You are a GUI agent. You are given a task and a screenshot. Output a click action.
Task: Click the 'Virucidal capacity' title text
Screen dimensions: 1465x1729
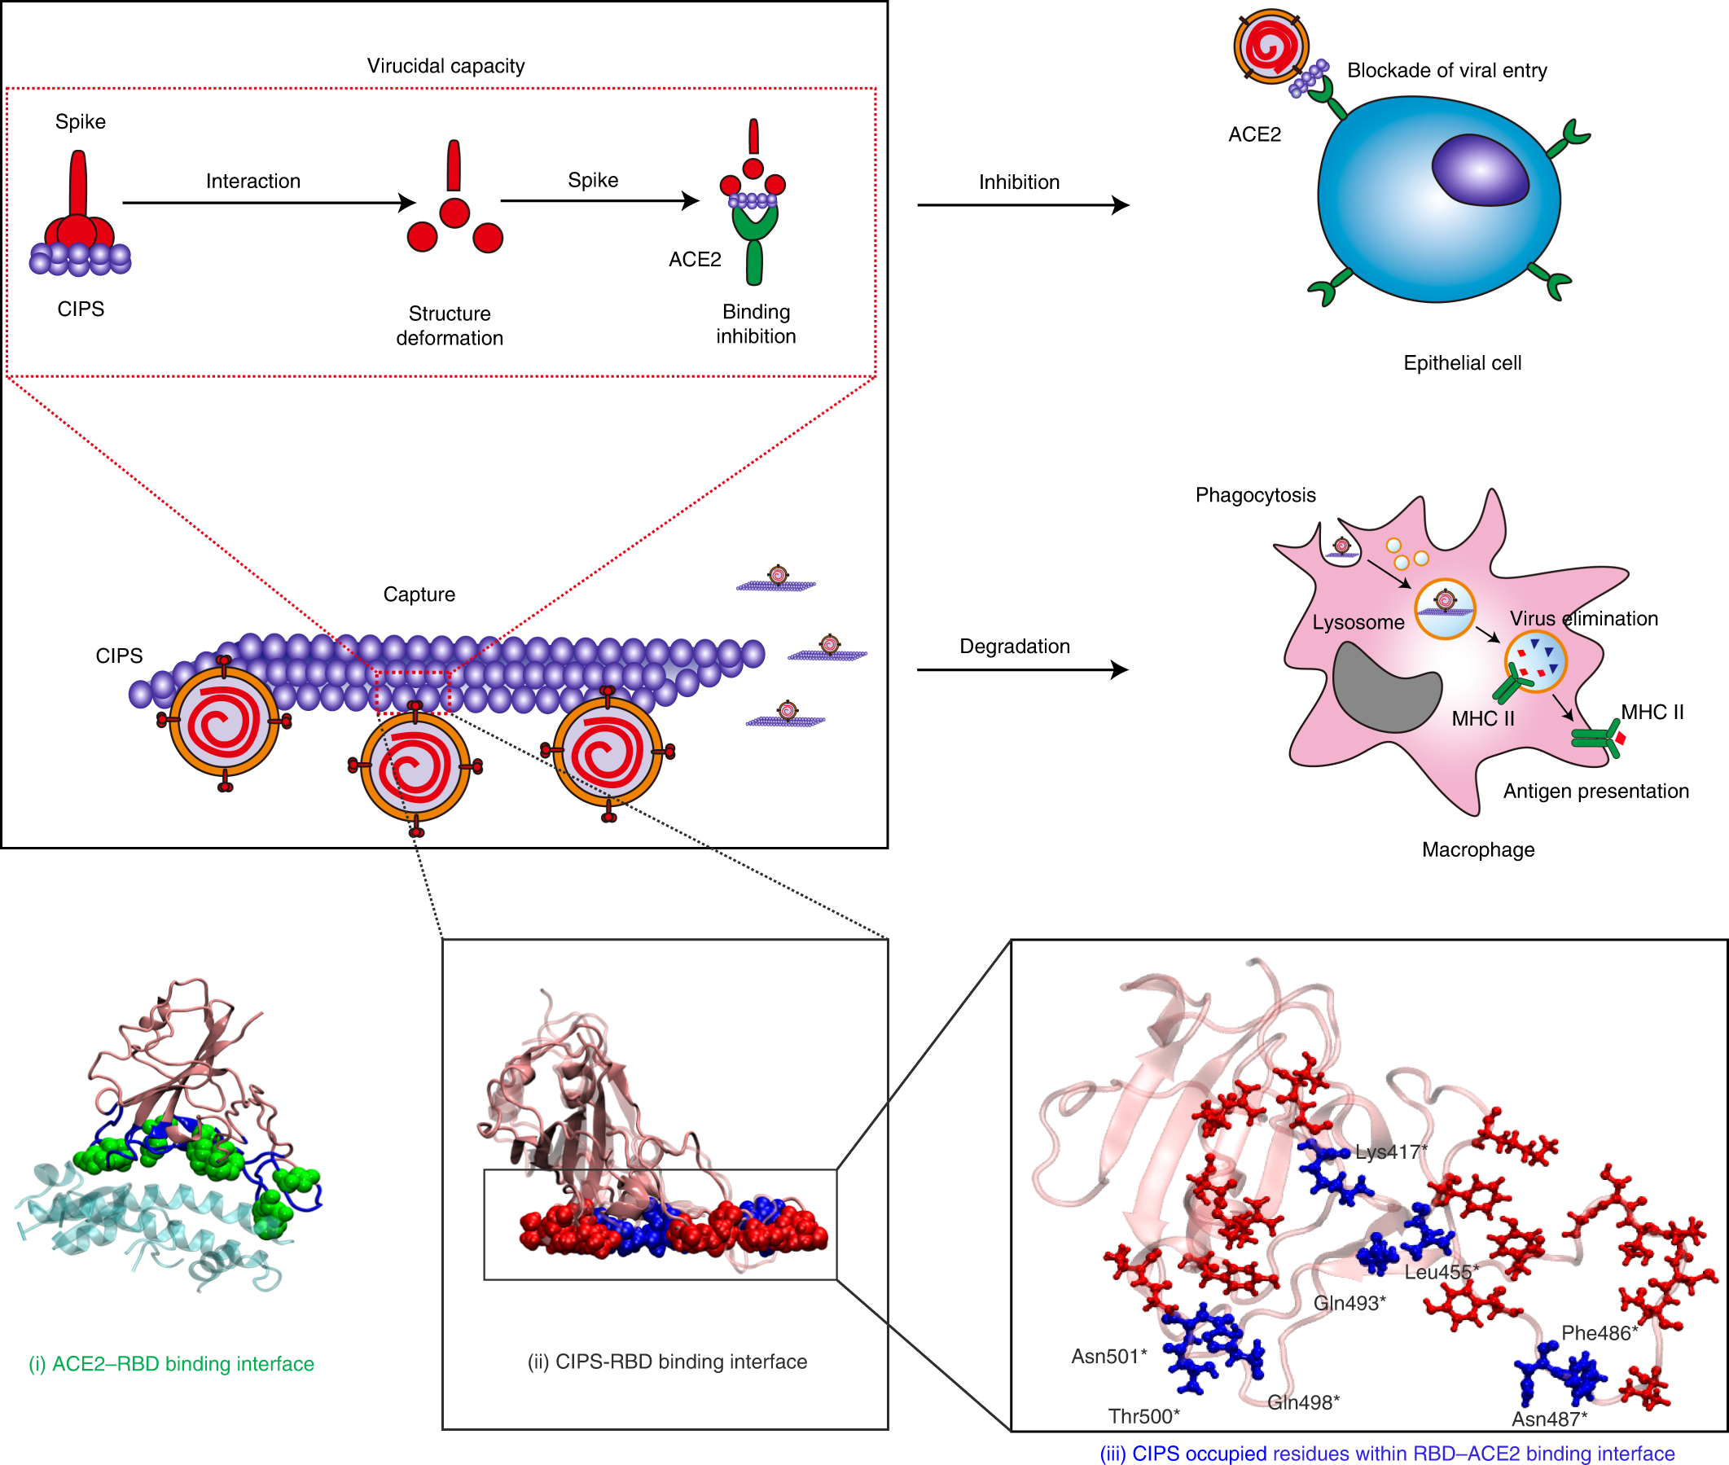(x=445, y=66)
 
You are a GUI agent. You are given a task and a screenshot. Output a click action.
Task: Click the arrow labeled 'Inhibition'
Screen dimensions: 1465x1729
(x=1022, y=204)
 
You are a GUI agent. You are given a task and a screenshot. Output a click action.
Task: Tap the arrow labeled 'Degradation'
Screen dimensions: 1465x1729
(x=1021, y=669)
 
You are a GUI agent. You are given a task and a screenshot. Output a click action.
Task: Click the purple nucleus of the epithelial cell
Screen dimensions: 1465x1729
(x=1479, y=169)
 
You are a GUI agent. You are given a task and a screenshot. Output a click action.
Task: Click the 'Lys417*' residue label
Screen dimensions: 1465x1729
(x=1390, y=1152)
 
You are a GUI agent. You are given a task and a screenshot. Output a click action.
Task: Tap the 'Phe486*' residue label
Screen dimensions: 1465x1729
(x=1599, y=1333)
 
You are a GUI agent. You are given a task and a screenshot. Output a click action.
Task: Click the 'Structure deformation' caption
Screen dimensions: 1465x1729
(x=450, y=326)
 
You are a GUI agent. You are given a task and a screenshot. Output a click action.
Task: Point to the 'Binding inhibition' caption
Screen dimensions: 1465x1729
(x=756, y=324)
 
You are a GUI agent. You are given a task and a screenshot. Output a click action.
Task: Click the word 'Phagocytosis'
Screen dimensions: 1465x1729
(x=1255, y=495)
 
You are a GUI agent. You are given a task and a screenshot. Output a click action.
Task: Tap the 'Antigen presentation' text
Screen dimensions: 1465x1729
(x=1595, y=791)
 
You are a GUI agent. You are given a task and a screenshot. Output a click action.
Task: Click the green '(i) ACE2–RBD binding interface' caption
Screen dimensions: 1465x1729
(x=171, y=1364)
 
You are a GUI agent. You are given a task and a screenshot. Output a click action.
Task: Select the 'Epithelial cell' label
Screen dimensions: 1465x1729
(x=1462, y=363)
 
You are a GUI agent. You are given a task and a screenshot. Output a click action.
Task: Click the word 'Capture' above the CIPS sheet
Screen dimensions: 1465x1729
(x=419, y=594)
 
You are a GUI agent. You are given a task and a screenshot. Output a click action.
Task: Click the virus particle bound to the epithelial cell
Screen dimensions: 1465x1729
(x=1270, y=46)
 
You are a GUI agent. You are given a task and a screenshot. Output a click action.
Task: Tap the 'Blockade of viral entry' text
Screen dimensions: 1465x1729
(x=1446, y=71)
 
